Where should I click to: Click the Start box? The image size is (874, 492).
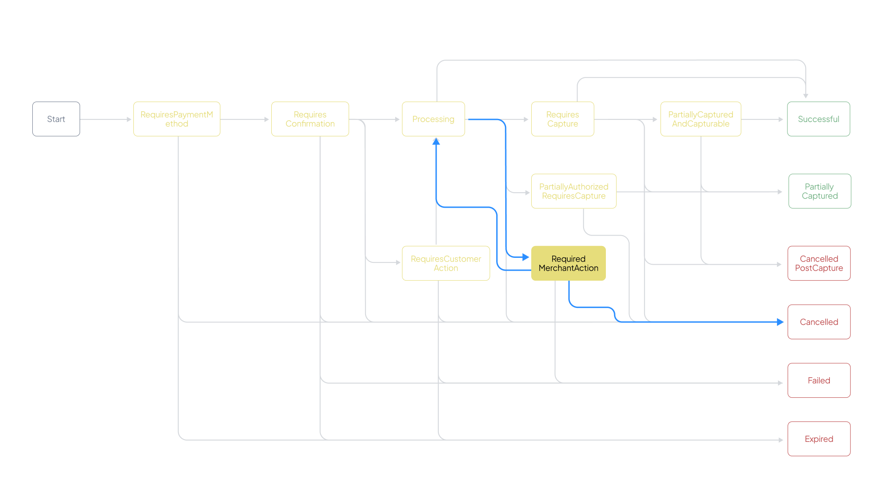56,119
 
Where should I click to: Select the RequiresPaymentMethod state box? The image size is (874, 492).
177,119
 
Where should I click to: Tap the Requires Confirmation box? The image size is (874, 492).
310,119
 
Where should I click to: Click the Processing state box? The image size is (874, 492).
433,119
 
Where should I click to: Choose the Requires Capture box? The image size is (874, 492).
563,119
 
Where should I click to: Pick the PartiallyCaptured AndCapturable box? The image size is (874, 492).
701,119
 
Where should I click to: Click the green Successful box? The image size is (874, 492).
818,119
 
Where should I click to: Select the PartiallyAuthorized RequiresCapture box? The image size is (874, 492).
574,191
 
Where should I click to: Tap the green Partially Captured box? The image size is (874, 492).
820,191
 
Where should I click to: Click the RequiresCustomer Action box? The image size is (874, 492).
446,263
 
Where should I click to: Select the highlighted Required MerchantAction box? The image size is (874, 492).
569,263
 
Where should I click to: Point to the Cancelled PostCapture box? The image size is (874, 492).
819,263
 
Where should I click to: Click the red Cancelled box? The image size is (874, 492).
819,322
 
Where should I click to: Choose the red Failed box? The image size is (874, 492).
819,380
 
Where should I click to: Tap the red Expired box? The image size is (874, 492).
819,439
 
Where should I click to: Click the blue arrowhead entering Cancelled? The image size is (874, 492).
780,322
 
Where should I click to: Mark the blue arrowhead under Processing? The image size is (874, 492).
436,142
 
